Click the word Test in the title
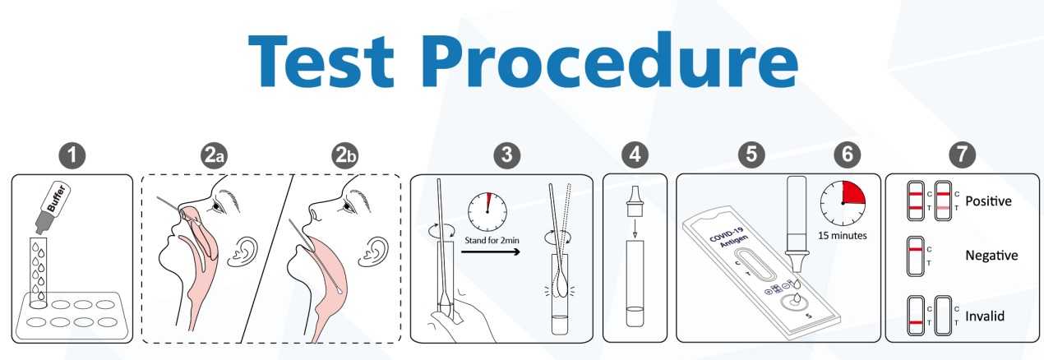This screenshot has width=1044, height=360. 321,60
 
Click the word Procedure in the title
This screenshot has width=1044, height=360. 610,60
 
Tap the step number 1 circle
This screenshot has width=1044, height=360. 72,155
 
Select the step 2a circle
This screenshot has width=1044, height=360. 214,155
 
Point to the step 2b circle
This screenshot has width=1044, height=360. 345,155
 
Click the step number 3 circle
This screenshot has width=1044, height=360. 507,155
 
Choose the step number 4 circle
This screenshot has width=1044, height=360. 635,155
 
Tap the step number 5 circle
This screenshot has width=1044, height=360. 751,155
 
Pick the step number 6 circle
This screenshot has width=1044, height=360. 848,155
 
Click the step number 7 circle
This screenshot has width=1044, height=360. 962,155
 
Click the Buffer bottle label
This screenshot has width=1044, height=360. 57,199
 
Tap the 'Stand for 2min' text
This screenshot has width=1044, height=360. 492,240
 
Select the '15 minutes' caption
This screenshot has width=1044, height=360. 843,236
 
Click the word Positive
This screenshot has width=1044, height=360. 988,201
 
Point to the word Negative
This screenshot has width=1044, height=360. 991,256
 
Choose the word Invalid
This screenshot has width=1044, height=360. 984,316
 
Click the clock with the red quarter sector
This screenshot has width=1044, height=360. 843,204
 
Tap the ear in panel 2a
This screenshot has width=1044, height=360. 243,252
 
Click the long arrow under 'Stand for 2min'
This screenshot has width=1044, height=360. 490,252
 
